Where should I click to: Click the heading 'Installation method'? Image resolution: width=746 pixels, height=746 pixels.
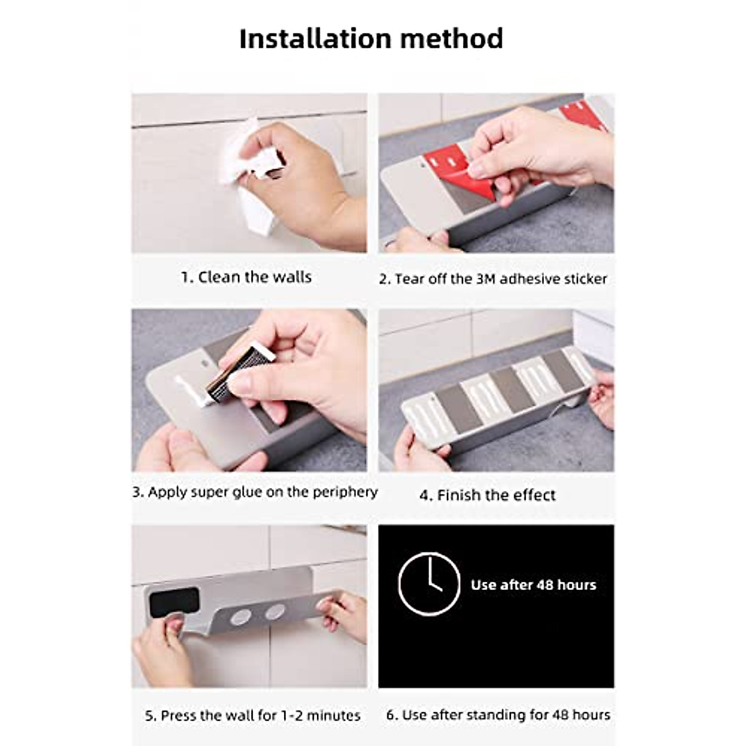[x=371, y=39]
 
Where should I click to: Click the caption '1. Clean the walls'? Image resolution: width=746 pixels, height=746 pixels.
[x=246, y=277]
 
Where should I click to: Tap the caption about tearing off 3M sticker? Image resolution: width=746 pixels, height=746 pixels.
[x=492, y=279]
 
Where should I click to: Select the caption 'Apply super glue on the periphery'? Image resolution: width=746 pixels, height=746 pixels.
[x=255, y=492]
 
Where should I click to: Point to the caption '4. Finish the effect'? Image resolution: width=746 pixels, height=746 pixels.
[x=487, y=495]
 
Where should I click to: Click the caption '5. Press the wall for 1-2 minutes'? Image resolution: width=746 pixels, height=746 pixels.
[x=252, y=716]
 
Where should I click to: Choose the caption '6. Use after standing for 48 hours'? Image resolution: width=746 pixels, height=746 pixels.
[x=498, y=715]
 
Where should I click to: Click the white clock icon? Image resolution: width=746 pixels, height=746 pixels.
[x=429, y=584]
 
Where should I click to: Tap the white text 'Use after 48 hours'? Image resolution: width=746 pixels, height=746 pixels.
[x=533, y=585]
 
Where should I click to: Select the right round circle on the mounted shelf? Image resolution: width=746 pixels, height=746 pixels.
[x=275, y=612]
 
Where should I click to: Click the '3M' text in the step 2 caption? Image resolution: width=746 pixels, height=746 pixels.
[x=486, y=279]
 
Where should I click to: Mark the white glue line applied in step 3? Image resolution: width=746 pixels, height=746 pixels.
[x=186, y=390]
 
